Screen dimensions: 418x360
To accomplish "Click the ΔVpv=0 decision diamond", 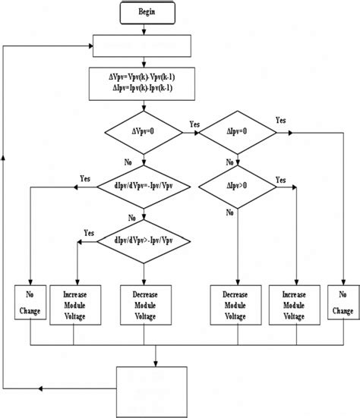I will pos(143,133).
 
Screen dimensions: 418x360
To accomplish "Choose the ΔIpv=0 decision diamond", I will pos(238,133).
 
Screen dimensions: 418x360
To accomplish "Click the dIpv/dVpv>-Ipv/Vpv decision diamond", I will pos(143,241).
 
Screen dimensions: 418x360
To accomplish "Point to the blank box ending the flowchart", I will pos(150,387).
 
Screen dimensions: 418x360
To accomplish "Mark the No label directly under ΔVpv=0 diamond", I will pos(128,161).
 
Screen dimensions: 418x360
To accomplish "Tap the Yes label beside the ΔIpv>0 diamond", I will pos(280,180).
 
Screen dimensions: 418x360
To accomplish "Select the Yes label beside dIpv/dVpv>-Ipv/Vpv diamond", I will pos(89,232).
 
